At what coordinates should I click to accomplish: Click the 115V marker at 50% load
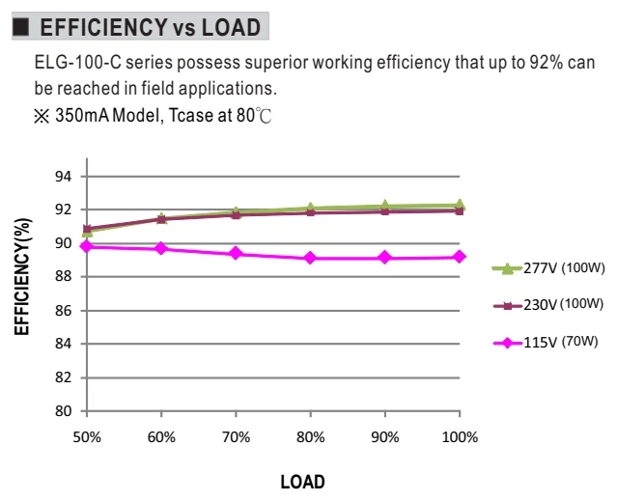coord(87,246)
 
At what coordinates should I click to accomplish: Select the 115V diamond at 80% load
coord(310,258)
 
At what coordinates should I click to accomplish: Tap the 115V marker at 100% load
coord(460,257)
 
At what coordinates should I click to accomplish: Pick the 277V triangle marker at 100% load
coord(460,205)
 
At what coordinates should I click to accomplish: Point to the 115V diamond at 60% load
coord(161,248)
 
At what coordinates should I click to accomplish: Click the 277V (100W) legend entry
coord(548,268)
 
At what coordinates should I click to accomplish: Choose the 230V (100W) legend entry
coord(548,305)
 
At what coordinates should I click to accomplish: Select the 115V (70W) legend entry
coord(546,342)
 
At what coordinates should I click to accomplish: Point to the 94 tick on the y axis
coord(64,177)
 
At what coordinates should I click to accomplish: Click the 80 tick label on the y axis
coord(64,411)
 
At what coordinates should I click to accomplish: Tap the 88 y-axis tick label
coord(64,277)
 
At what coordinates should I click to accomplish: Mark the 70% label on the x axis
coord(237,437)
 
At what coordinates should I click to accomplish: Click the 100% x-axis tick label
coord(460,437)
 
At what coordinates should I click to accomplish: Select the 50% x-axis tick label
coord(87,437)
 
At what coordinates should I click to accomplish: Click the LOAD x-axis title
coord(302,482)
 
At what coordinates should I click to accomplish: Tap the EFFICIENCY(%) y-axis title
coord(22,276)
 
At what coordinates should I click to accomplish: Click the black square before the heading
coord(21,27)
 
